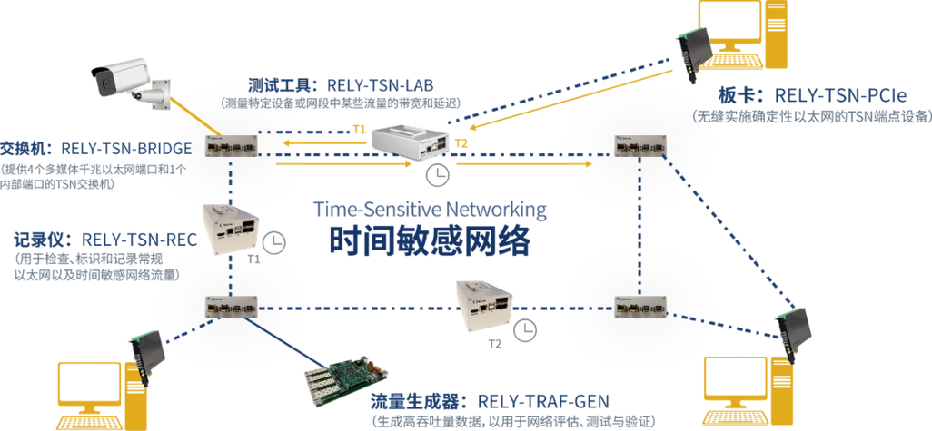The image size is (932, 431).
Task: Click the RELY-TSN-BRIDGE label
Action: pyautogui.click(x=126, y=149)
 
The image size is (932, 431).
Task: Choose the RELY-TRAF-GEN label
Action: pyautogui.click(x=543, y=402)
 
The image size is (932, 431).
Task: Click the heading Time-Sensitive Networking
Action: pyautogui.click(x=430, y=210)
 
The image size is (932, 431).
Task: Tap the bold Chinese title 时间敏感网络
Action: pyautogui.click(x=430, y=240)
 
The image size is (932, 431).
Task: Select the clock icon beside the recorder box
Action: pyautogui.click(x=274, y=241)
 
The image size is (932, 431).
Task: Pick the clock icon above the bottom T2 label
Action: pyautogui.click(x=525, y=329)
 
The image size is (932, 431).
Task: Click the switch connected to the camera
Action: pyautogui.click(x=232, y=145)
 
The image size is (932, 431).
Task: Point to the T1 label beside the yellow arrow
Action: pyautogui.click(x=359, y=131)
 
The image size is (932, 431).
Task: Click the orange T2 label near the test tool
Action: pyautogui.click(x=461, y=142)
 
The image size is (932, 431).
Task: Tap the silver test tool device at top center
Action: pyautogui.click(x=410, y=141)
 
